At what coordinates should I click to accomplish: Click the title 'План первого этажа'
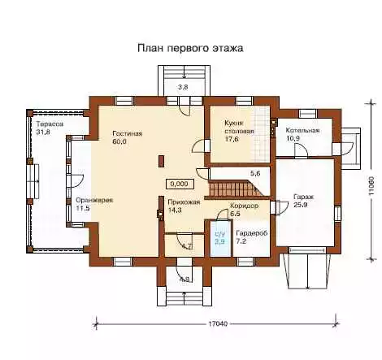tap(190, 48)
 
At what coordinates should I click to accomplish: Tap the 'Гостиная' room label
tap(128, 133)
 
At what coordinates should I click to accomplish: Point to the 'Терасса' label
tap(50, 124)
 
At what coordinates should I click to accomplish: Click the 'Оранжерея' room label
tap(94, 201)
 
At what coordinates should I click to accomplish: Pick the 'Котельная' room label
tap(302, 130)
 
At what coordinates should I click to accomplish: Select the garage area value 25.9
tap(300, 205)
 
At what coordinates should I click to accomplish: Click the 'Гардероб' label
tap(252, 233)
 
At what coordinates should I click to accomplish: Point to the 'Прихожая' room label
tap(184, 202)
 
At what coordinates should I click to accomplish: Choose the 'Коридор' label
tap(244, 206)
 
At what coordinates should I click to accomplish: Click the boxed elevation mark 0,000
tap(180, 184)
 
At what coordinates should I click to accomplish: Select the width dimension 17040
tap(218, 323)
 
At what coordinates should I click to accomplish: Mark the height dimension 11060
tap(371, 186)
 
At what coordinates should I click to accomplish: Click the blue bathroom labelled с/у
tap(221, 238)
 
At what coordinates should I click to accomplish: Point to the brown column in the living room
tap(162, 161)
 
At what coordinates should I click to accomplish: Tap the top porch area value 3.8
tap(183, 87)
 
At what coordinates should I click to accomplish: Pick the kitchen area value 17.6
tap(231, 139)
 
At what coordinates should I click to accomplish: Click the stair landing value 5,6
tap(255, 174)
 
